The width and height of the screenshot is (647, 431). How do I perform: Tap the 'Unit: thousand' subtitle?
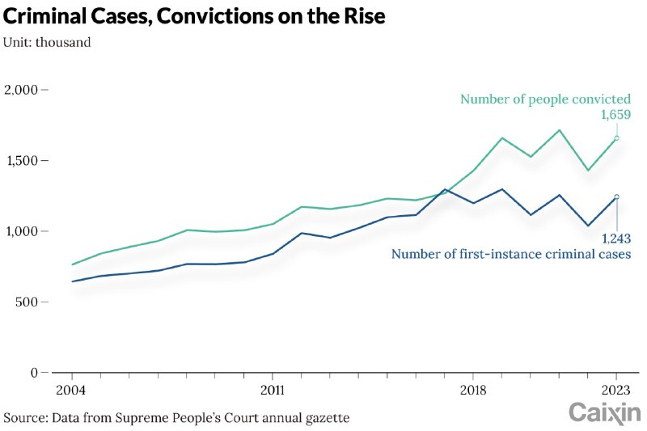(x=47, y=43)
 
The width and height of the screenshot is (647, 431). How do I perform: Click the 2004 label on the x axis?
(x=71, y=388)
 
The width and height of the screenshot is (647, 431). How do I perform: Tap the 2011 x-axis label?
(x=272, y=388)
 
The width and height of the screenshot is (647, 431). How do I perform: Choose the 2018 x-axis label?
(x=472, y=388)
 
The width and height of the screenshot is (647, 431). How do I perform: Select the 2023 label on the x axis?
(x=616, y=388)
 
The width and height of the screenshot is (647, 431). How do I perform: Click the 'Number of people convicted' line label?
(x=545, y=99)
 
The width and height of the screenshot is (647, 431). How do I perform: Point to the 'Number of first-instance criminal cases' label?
(x=511, y=254)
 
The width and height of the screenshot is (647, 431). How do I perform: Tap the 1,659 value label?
(x=615, y=116)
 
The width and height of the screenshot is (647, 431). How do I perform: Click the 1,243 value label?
(x=615, y=238)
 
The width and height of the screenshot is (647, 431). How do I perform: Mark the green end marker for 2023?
(x=616, y=138)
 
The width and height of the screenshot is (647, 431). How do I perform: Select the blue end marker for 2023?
(x=616, y=196)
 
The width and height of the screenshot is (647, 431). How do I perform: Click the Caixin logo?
(x=604, y=413)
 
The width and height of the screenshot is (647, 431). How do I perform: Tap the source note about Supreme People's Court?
(x=176, y=418)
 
